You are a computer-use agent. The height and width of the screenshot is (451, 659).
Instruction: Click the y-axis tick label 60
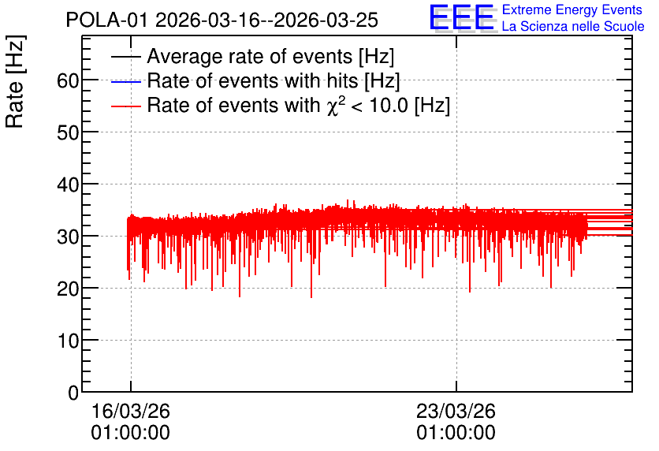(x=68, y=80)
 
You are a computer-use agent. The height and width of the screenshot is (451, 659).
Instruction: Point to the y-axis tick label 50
(x=68, y=132)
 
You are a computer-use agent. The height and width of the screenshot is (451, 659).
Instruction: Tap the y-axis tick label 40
(x=68, y=185)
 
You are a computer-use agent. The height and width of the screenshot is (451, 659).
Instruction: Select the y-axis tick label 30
(x=68, y=237)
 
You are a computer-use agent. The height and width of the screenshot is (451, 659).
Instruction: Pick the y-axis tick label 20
(x=68, y=289)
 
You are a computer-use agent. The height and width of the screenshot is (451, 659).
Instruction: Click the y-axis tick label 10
(x=68, y=341)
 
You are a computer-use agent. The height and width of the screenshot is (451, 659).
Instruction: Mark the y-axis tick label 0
(x=73, y=393)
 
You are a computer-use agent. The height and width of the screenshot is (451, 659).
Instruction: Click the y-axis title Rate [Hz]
(x=15, y=81)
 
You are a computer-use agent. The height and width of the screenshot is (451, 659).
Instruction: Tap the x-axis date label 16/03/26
(x=131, y=411)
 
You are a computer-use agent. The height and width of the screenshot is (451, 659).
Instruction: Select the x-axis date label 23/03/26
(x=456, y=411)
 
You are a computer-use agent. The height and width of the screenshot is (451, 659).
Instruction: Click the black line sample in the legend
(x=125, y=57)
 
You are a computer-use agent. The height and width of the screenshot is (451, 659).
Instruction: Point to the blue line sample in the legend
(x=125, y=81)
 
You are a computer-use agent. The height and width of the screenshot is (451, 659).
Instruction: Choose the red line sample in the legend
(x=125, y=106)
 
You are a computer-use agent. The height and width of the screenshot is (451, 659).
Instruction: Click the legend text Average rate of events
(x=250, y=56)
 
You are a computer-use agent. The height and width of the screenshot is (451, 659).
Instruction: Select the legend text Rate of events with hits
(x=252, y=80)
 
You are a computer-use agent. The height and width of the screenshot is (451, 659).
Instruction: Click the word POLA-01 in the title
(x=107, y=20)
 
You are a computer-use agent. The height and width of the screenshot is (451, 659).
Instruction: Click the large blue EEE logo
(x=461, y=17)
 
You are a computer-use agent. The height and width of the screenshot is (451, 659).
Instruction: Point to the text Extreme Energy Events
(x=572, y=9)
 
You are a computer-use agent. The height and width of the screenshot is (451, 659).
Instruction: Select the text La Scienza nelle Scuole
(x=573, y=27)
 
